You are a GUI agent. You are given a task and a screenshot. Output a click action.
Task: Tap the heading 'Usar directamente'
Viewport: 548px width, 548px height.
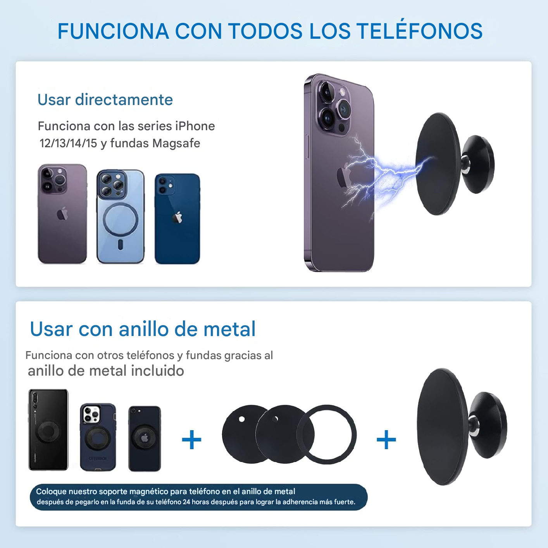click(105, 100)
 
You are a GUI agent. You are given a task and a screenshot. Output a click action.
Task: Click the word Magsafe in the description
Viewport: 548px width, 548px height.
click(176, 143)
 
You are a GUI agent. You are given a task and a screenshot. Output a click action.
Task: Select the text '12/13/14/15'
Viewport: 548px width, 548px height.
click(68, 143)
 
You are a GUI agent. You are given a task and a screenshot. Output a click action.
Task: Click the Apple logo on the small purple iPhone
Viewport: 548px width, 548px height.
click(62, 214)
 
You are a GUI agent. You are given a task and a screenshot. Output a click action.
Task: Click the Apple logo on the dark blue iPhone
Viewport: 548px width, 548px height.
click(177, 217)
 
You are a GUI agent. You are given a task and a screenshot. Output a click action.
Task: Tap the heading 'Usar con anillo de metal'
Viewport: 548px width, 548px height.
click(143, 329)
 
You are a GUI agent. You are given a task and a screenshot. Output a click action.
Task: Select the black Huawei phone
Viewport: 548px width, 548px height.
click(48, 430)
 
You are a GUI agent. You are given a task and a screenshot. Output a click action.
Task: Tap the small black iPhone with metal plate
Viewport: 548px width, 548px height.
click(145, 438)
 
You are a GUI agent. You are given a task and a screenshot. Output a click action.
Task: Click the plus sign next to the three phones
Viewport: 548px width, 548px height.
click(191, 439)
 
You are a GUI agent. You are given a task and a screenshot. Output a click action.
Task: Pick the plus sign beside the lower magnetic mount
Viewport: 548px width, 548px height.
click(386, 439)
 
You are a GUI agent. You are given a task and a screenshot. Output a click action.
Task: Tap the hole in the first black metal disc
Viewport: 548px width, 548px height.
click(242, 419)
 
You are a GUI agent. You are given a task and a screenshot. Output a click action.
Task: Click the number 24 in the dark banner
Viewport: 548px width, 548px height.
click(186, 502)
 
